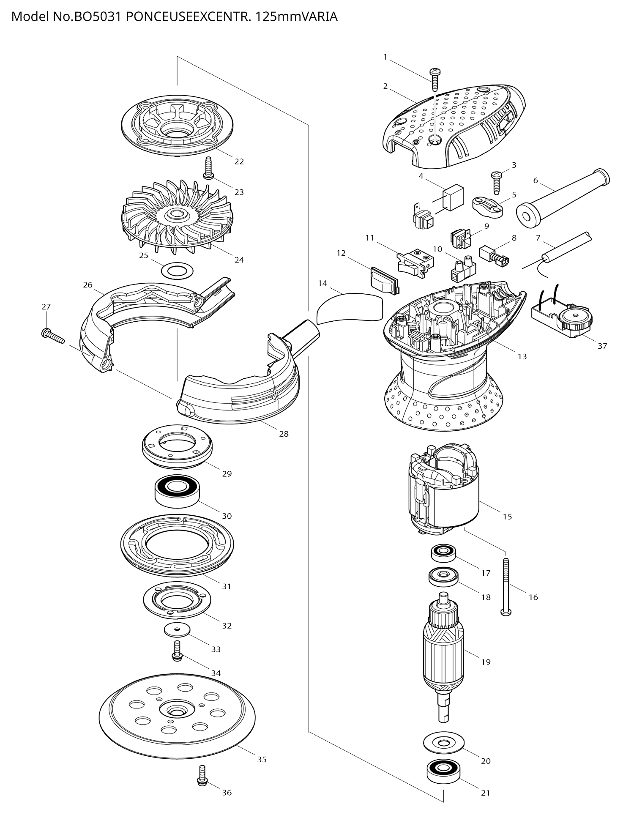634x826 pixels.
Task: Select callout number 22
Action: (x=239, y=161)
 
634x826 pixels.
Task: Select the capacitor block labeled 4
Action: (x=453, y=197)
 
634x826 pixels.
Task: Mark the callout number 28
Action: (x=284, y=434)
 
